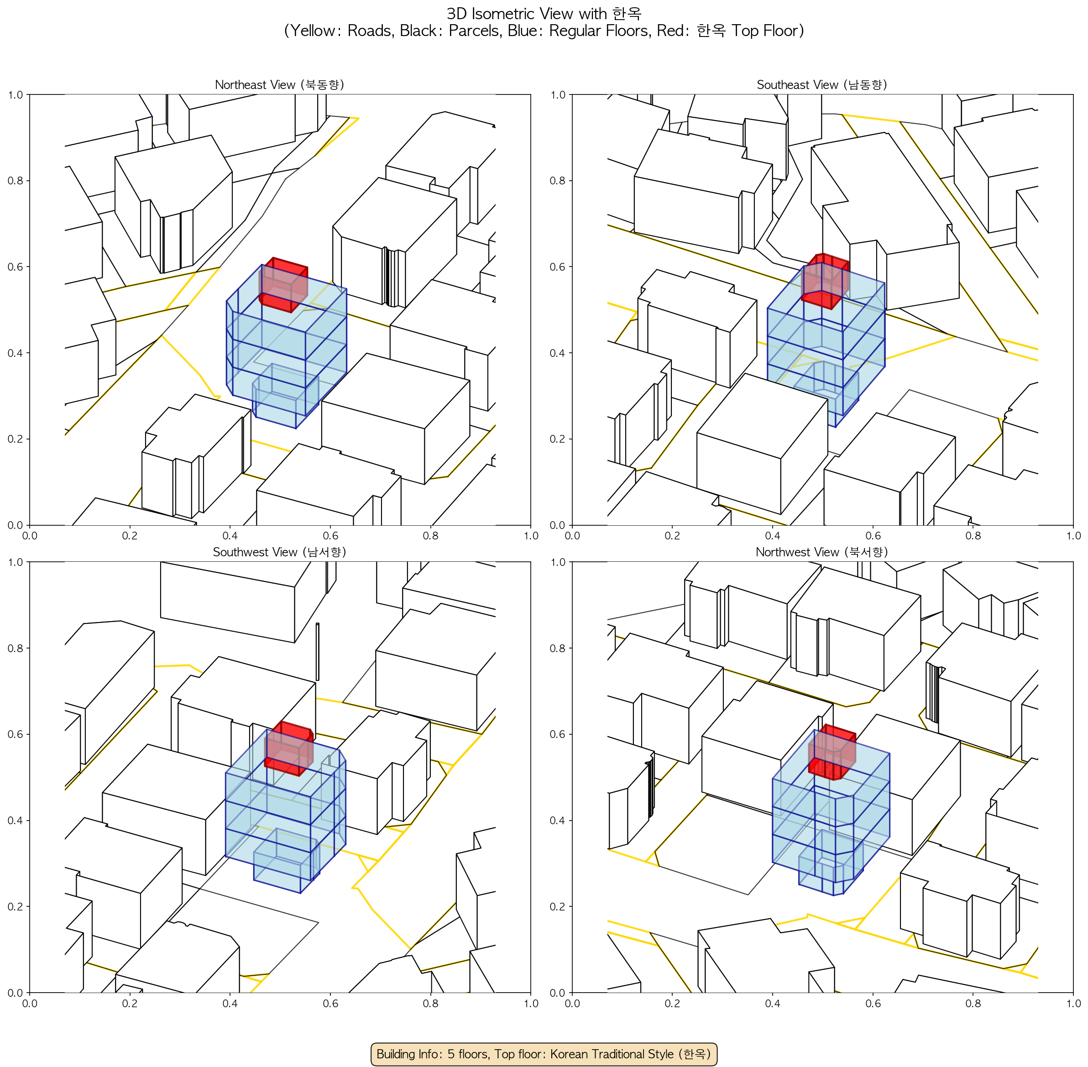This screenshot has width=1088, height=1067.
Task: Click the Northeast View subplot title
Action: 279,84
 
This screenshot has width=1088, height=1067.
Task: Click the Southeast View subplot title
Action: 822,84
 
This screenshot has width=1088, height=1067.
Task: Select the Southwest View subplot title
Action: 279,552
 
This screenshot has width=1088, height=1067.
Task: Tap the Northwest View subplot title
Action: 822,552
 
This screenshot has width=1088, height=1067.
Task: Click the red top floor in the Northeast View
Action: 283,285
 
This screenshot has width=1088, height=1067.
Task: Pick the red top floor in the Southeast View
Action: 825,281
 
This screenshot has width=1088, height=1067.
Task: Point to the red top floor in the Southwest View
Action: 289,749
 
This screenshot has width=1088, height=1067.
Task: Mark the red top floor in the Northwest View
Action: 832,752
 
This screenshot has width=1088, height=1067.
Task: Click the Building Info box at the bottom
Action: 544,1054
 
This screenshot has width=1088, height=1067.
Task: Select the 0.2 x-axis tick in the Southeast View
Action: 672,536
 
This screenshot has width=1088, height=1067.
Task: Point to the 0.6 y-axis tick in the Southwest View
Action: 16,734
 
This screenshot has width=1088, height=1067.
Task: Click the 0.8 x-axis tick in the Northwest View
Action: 973,1003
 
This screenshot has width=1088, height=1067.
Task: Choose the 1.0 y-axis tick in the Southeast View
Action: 558,95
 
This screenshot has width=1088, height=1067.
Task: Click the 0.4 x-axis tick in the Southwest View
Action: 230,1003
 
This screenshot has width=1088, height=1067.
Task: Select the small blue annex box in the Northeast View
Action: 285,396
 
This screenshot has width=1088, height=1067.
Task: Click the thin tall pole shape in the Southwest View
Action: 317,652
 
